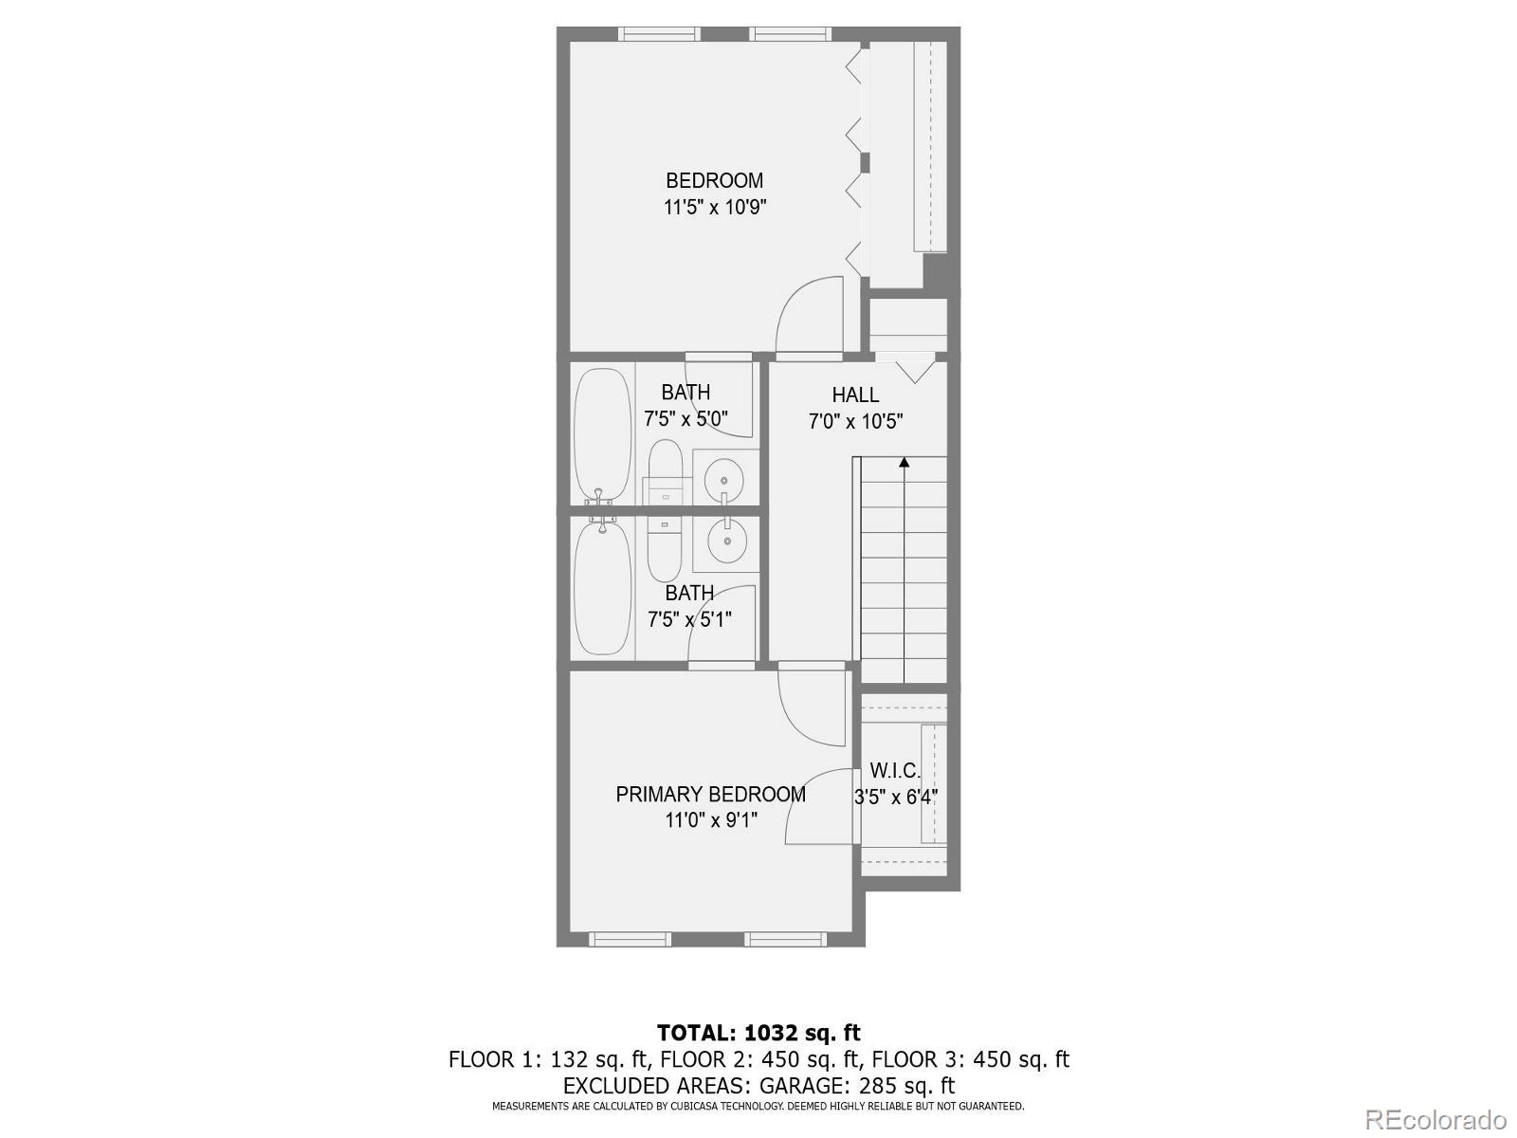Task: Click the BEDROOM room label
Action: click(x=714, y=180)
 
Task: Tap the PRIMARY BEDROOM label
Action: click(x=710, y=794)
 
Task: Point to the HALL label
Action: click(x=855, y=395)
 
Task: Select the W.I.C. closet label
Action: click(x=895, y=771)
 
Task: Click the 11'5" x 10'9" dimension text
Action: click(x=714, y=207)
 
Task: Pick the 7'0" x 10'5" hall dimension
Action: click(x=855, y=421)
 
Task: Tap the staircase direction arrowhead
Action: click(x=905, y=463)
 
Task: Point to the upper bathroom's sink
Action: click(x=725, y=477)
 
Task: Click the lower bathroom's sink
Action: click(x=726, y=541)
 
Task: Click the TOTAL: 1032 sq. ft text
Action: click(x=758, y=1032)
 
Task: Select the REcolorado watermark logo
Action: click(x=1435, y=1119)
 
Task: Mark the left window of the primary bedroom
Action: click(x=630, y=939)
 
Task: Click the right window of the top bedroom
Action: click(x=792, y=34)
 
